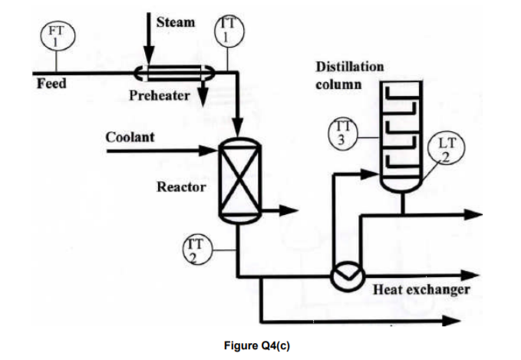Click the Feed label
point(51,83)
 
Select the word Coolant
point(130,137)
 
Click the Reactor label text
point(181,187)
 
